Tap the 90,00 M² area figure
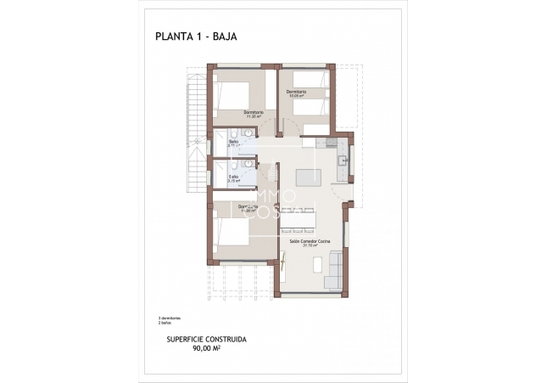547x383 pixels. point(195,346)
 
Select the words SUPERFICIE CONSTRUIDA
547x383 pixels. point(195,338)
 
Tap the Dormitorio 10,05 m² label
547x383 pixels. point(295,93)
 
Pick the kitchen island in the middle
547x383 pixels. point(308,177)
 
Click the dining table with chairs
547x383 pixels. point(297,221)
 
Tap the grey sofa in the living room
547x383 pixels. point(335,270)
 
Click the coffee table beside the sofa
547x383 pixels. point(317,265)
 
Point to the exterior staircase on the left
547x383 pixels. point(196,127)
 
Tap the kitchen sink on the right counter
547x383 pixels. point(342,161)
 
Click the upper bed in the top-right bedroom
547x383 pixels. point(311,80)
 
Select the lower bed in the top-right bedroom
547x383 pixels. point(311,108)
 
